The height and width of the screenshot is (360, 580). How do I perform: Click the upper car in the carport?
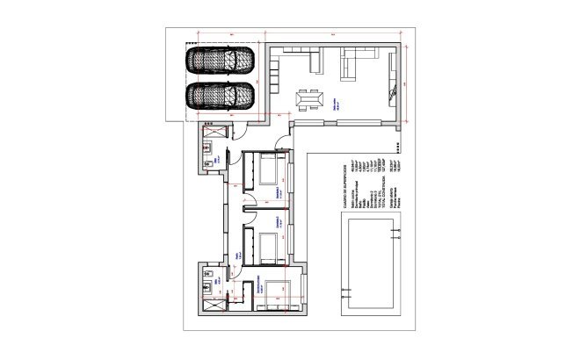pos(218,62)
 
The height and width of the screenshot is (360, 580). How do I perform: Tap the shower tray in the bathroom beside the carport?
pos(211,133)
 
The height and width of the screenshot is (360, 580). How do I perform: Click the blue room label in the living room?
pos(335,102)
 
